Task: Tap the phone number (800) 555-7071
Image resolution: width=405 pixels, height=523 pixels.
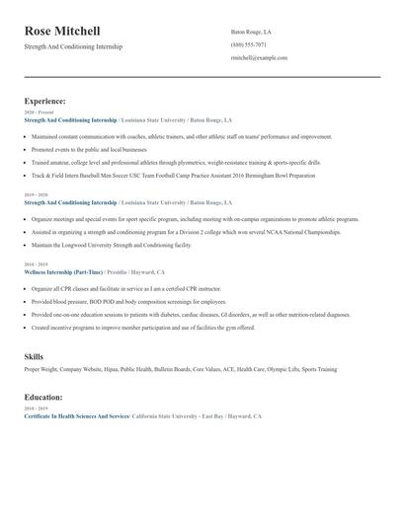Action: click(x=248, y=44)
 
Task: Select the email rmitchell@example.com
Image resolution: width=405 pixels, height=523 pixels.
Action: click(x=259, y=58)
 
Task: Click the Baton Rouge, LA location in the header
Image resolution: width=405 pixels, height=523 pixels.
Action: click(x=251, y=32)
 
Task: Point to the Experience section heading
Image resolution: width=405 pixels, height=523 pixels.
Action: click(x=45, y=101)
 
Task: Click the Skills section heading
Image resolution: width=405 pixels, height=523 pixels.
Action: click(x=36, y=355)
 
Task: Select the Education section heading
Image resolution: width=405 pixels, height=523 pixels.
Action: click(x=43, y=397)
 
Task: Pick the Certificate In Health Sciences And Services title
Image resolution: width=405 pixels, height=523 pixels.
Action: click(x=77, y=416)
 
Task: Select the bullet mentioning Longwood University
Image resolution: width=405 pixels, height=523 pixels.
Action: click(x=111, y=244)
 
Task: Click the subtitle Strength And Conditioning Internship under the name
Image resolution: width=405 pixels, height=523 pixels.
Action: click(x=74, y=46)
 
